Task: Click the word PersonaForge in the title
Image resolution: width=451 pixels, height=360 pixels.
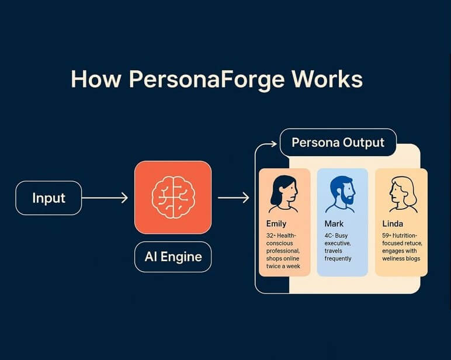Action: (195, 79)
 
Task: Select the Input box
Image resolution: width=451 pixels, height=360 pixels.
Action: (48, 198)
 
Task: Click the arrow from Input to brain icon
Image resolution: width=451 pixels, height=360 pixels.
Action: (105, 198)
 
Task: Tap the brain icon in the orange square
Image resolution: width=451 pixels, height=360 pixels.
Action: (173, 198)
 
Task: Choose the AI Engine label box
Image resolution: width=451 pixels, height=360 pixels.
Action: (173, 256)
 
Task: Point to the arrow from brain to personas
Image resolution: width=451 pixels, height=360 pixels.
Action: (233, 198)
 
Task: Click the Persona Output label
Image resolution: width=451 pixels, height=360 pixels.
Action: (338, 143)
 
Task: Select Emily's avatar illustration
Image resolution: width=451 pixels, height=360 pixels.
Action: (283, 193)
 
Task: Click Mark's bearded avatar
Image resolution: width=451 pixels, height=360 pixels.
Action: (341, 193)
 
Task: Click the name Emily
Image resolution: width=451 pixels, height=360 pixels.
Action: (276, 224)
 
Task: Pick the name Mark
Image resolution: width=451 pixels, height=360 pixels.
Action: (335, 224)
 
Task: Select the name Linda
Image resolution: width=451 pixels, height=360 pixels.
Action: (393, 224)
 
